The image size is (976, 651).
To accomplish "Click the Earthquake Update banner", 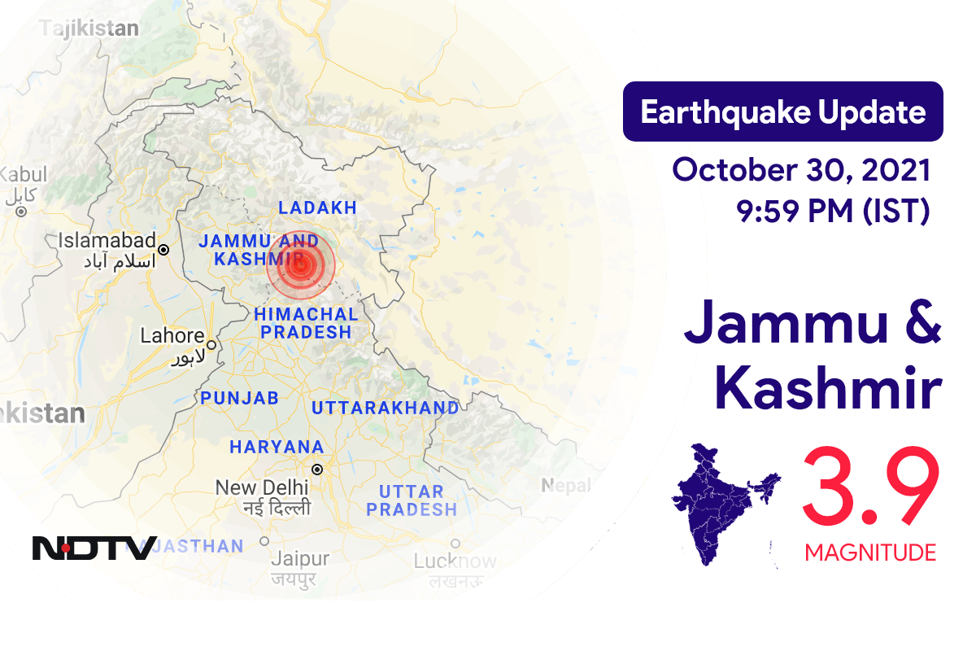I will [782, 112].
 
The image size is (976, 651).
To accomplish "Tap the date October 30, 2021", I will [801, 170].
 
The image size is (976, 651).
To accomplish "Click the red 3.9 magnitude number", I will [870, 488].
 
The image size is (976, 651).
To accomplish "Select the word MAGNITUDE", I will [870, 553].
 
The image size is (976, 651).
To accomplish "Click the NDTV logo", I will [94, 548].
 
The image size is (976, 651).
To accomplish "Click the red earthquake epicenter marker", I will [301, 264].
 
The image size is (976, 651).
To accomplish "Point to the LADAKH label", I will [317, 208].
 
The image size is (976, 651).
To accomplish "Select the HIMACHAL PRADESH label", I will [305, 323].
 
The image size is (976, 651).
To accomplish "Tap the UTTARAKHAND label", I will [384, 407].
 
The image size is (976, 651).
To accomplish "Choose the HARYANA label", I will [277, 447].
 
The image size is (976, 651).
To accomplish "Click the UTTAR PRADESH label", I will [411, 500].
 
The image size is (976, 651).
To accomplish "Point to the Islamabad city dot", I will [163, 250].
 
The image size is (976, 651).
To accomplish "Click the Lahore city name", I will [172, 335].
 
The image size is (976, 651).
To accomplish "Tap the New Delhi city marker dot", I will [317, 470].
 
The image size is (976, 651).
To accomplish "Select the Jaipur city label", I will [300, 559].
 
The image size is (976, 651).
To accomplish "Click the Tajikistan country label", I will [89, 28].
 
